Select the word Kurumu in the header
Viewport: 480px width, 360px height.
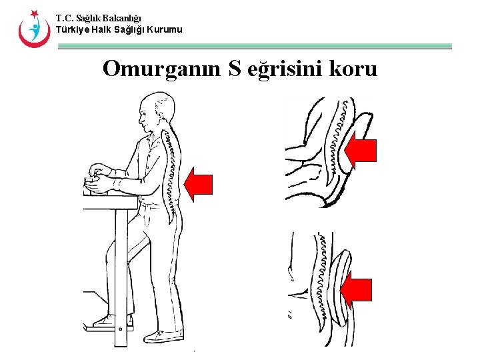pos(164,29)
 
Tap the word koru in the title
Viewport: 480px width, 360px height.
pos(353,68)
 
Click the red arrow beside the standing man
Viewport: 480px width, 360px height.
pos(198,184)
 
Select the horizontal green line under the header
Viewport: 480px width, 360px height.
pos(254,47)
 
